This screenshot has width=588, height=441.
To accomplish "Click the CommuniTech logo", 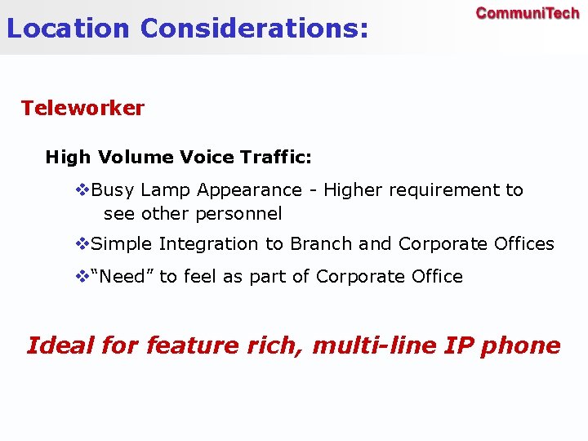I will tap(527, 13).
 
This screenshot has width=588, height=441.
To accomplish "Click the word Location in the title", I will tap(68, 29).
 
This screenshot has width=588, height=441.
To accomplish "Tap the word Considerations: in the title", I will tap(254, 29).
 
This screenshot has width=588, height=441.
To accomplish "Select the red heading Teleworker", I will tap(82, 108).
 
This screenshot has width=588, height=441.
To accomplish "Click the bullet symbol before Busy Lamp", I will tap(82, 190).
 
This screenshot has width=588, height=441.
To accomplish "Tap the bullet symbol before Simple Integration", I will tap(82, 244).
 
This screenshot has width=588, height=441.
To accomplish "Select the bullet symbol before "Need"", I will tap(82, 277).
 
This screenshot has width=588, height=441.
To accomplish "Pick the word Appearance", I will tap(249, 191).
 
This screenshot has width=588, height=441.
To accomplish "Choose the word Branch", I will tap(322, 243).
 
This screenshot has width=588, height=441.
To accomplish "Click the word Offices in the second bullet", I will tap(524, 243).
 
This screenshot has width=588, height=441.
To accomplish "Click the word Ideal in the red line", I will tap(60, 345).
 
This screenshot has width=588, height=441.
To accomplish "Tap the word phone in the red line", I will tap(520, 346).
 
